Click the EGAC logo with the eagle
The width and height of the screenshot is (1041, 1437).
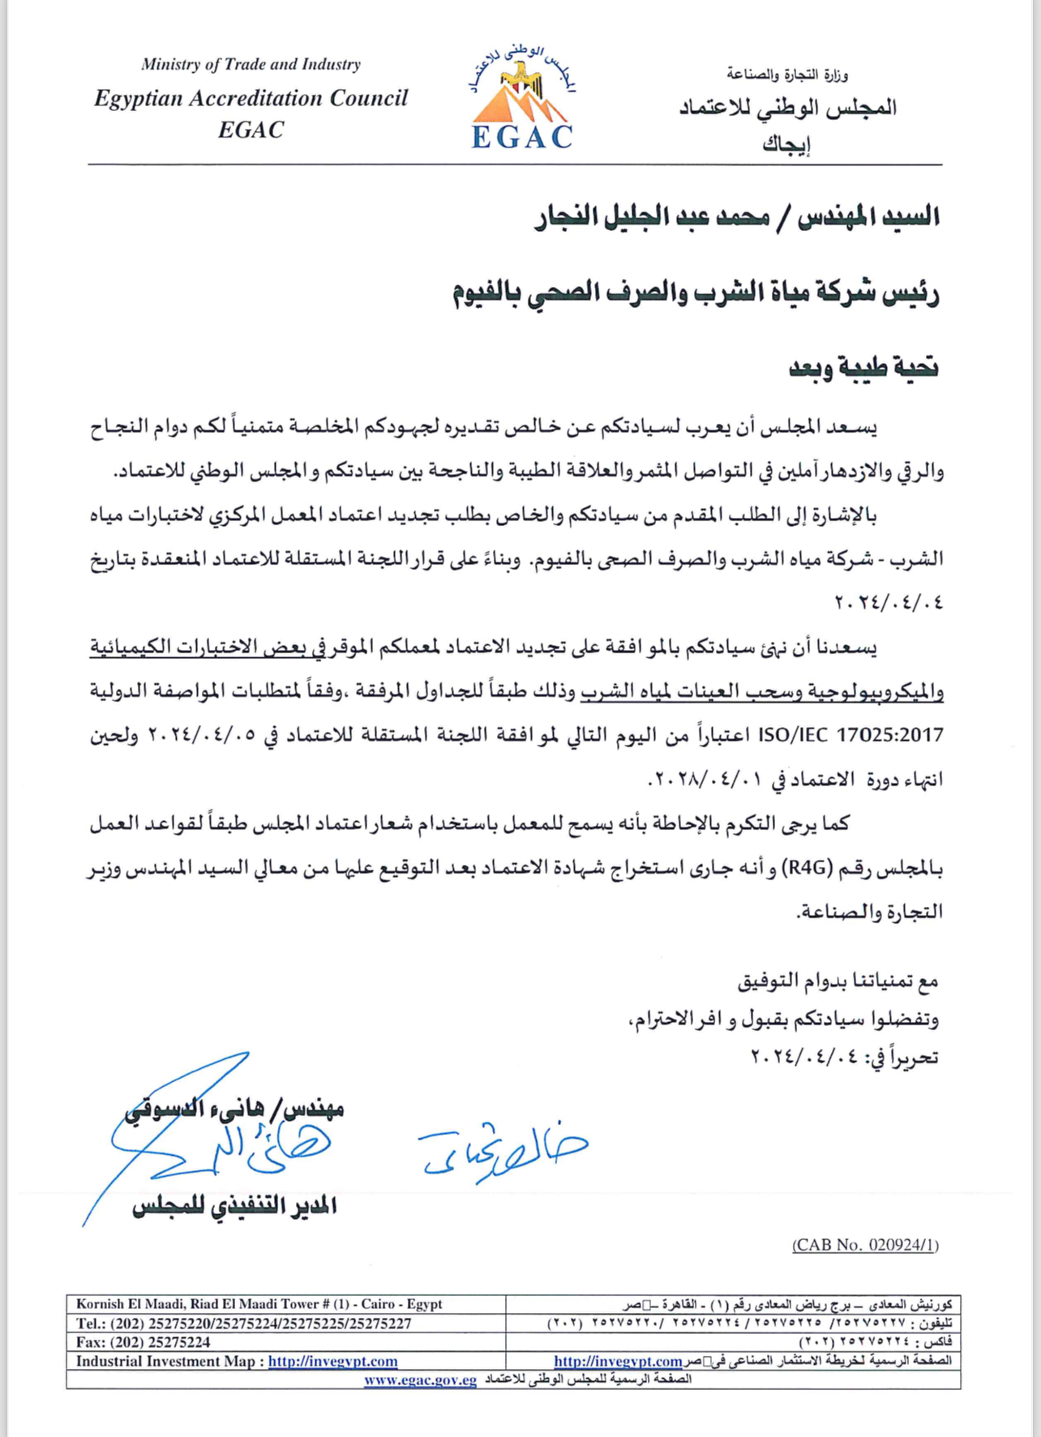tap(522, 99)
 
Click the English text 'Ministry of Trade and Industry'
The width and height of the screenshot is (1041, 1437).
tap(251, 64)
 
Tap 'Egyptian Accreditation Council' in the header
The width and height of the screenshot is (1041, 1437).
tap(251, 98)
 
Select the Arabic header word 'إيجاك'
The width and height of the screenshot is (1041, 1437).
tap(786, 144)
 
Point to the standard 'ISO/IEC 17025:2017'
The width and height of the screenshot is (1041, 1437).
tap(850, 735)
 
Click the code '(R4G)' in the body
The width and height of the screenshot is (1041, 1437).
tap(808, 868)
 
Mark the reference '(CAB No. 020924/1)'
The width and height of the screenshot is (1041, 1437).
tap(865, 1245)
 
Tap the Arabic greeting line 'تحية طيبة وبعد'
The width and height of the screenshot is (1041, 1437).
tap(863, 367)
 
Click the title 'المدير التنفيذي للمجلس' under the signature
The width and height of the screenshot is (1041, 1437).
tap(235, 1207)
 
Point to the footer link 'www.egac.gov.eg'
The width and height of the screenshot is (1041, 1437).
tap(420, 1380)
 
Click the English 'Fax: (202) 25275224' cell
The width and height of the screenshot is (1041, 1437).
tap(144, 1342)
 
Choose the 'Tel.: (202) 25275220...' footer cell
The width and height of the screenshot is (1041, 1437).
tap(243, 1324)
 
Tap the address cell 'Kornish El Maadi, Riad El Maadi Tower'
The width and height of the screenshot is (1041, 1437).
tap(259, 1304)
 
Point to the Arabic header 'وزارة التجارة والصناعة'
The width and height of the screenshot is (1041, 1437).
tap(787, 75)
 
